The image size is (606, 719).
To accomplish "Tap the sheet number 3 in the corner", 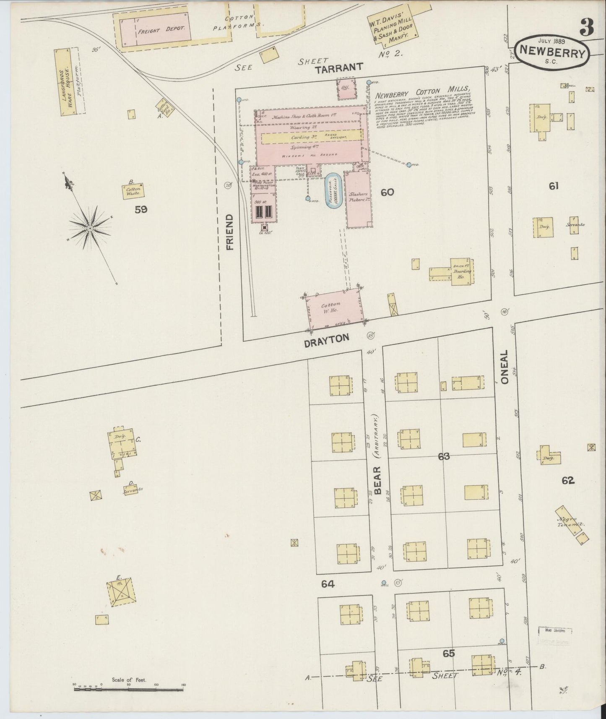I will tap(586, 28).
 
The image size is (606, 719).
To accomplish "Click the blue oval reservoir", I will tap(334, 191).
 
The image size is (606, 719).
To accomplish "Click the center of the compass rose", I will tap(90, 228).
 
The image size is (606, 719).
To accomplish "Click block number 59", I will tap(141, 209).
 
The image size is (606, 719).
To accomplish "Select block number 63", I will tap(444, 456).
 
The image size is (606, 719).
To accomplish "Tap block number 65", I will tap(448, 653).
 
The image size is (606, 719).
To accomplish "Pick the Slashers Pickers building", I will tap(359, 199).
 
